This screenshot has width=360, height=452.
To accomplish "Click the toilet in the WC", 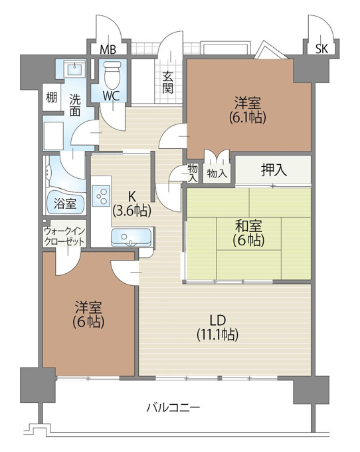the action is coord(112,74).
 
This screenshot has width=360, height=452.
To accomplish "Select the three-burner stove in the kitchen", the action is coord(102,195).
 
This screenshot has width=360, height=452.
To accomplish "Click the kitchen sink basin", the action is coord(132,237).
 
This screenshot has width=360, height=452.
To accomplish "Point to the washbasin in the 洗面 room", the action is coord(74,69).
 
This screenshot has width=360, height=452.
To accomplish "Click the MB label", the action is coord(108,50).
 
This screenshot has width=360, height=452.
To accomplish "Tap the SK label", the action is coord(321,49).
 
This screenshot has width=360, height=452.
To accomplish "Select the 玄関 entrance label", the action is coord(167,82).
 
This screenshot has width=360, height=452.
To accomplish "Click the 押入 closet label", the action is coord(274,169).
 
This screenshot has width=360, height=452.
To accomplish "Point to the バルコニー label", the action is coord(173,407).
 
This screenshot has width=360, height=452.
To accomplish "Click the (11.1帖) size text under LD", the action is coord(217,334).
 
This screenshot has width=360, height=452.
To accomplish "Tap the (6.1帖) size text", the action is coord(247,117).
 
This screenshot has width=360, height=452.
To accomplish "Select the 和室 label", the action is coord(248,226).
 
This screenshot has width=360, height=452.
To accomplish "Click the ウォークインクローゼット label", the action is coord(64,236).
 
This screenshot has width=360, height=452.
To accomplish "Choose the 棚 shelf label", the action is coord(52,98).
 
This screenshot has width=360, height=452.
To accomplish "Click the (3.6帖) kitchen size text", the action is coord(132,211).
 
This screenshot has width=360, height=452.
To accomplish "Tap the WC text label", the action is coord(111,96).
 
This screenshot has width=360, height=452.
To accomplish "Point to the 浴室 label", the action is coord(65,203).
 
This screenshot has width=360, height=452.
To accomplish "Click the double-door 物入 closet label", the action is coord(217,173).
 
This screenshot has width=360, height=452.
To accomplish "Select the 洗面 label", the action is coord(75,106).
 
